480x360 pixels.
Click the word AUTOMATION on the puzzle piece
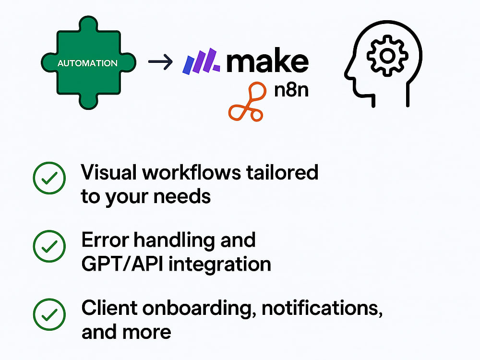coord(87,63)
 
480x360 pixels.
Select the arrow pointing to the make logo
coord(160,61)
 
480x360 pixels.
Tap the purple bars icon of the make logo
coord(201,61)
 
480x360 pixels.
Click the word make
coord(267,60)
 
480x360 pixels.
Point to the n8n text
coord(291,90)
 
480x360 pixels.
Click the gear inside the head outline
coord(387,56)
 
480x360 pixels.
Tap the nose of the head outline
coord(348,74)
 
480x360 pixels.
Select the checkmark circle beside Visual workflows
coord(49,178)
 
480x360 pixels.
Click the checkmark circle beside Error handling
coord(49,246)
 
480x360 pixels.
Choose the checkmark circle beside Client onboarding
coord(49,314)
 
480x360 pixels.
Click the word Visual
coord(108,172)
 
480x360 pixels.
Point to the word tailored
coord(282,172)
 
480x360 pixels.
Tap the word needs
coord(182,196)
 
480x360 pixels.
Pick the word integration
coord(220,264)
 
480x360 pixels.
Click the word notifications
coord(322,309)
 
